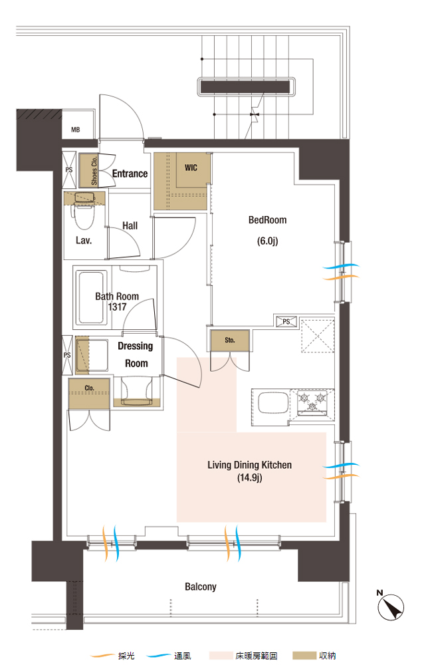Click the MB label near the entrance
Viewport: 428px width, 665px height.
click(75, 130)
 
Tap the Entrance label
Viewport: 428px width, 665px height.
click(130, 174)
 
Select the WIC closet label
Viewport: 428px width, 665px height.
click(191, 168)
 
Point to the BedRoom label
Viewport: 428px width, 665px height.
click(267, 220)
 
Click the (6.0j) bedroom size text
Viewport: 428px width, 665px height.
click(267, 241)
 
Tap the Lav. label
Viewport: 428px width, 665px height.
click(84, 241)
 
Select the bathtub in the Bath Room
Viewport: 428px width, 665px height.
click(91, 297)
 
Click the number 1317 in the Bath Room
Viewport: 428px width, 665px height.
click(117, 307)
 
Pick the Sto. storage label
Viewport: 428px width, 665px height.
click(230, 340)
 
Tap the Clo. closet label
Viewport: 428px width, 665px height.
click(89, 388)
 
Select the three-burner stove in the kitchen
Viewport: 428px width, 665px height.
click(312, 402)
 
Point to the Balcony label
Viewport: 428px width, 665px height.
click(201, 587)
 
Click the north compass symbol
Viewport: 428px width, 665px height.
click(391, 607)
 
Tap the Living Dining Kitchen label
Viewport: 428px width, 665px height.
click(250, 465)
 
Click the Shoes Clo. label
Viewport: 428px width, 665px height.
click(94, 170)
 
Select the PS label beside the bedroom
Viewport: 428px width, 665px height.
click(286, 322)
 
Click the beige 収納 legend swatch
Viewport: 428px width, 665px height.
click(304, 656)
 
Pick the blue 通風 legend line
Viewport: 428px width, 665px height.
click(158, 656)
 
